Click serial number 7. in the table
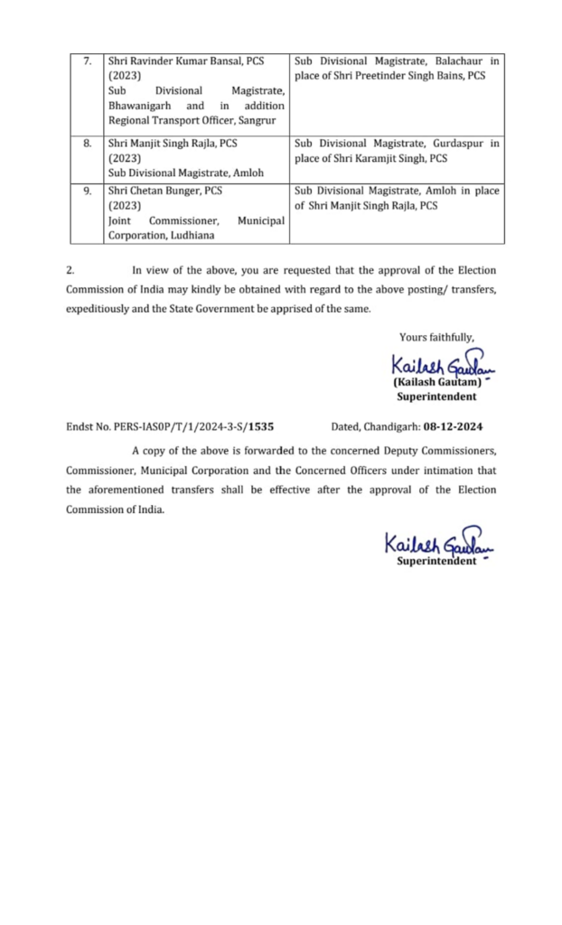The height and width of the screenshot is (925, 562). point(88,61)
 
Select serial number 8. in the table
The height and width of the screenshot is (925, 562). point(88,143)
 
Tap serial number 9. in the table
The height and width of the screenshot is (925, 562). point(88,191)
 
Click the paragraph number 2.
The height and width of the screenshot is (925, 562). point(70,270)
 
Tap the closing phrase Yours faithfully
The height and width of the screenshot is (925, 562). point(436,337)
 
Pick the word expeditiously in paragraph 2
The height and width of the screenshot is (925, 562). point(101,308)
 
